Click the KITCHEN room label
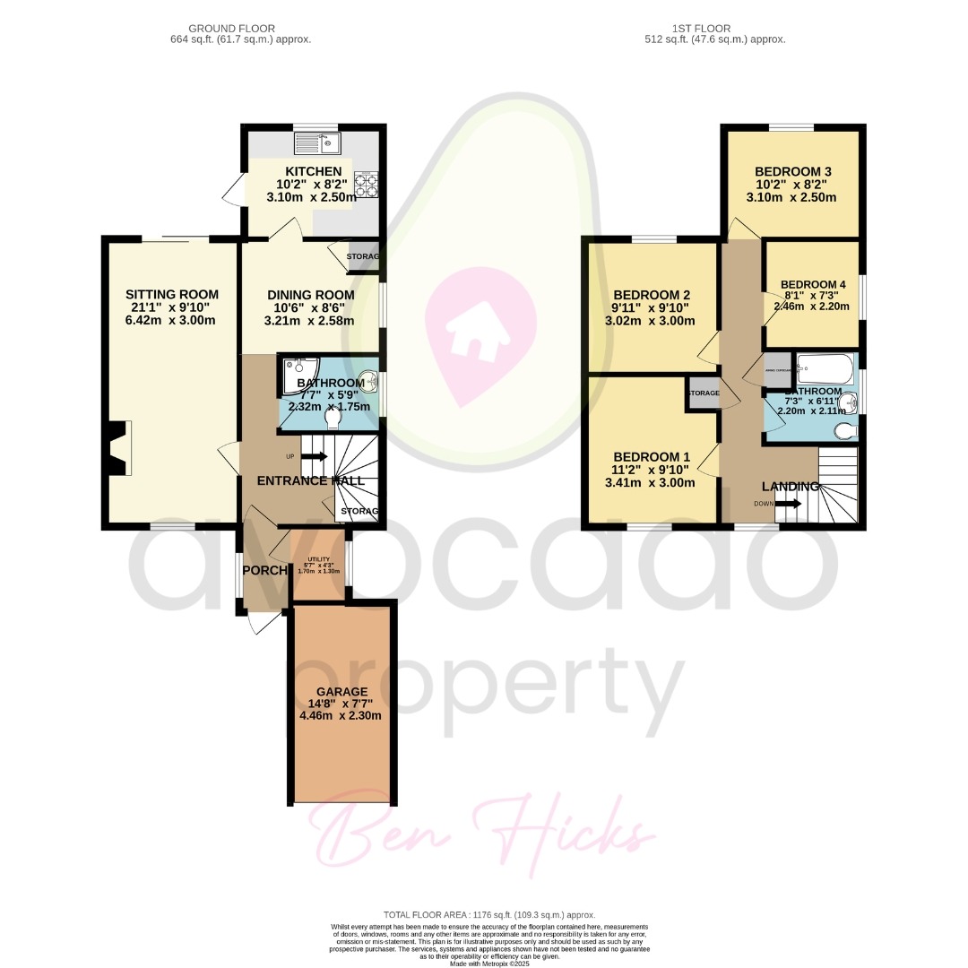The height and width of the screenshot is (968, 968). (313, 171)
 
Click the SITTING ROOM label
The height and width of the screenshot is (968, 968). (172, 294)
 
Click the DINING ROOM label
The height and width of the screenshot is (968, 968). (310, 295)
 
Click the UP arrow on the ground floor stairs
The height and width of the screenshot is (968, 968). (314, 457)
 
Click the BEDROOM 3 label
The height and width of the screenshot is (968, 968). (793, 172)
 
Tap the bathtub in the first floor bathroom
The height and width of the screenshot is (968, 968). (826, 368)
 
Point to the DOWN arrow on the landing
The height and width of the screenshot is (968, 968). (789, 504)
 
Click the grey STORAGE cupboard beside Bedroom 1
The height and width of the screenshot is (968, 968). (704, 393)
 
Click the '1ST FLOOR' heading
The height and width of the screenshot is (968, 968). (714, 29)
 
